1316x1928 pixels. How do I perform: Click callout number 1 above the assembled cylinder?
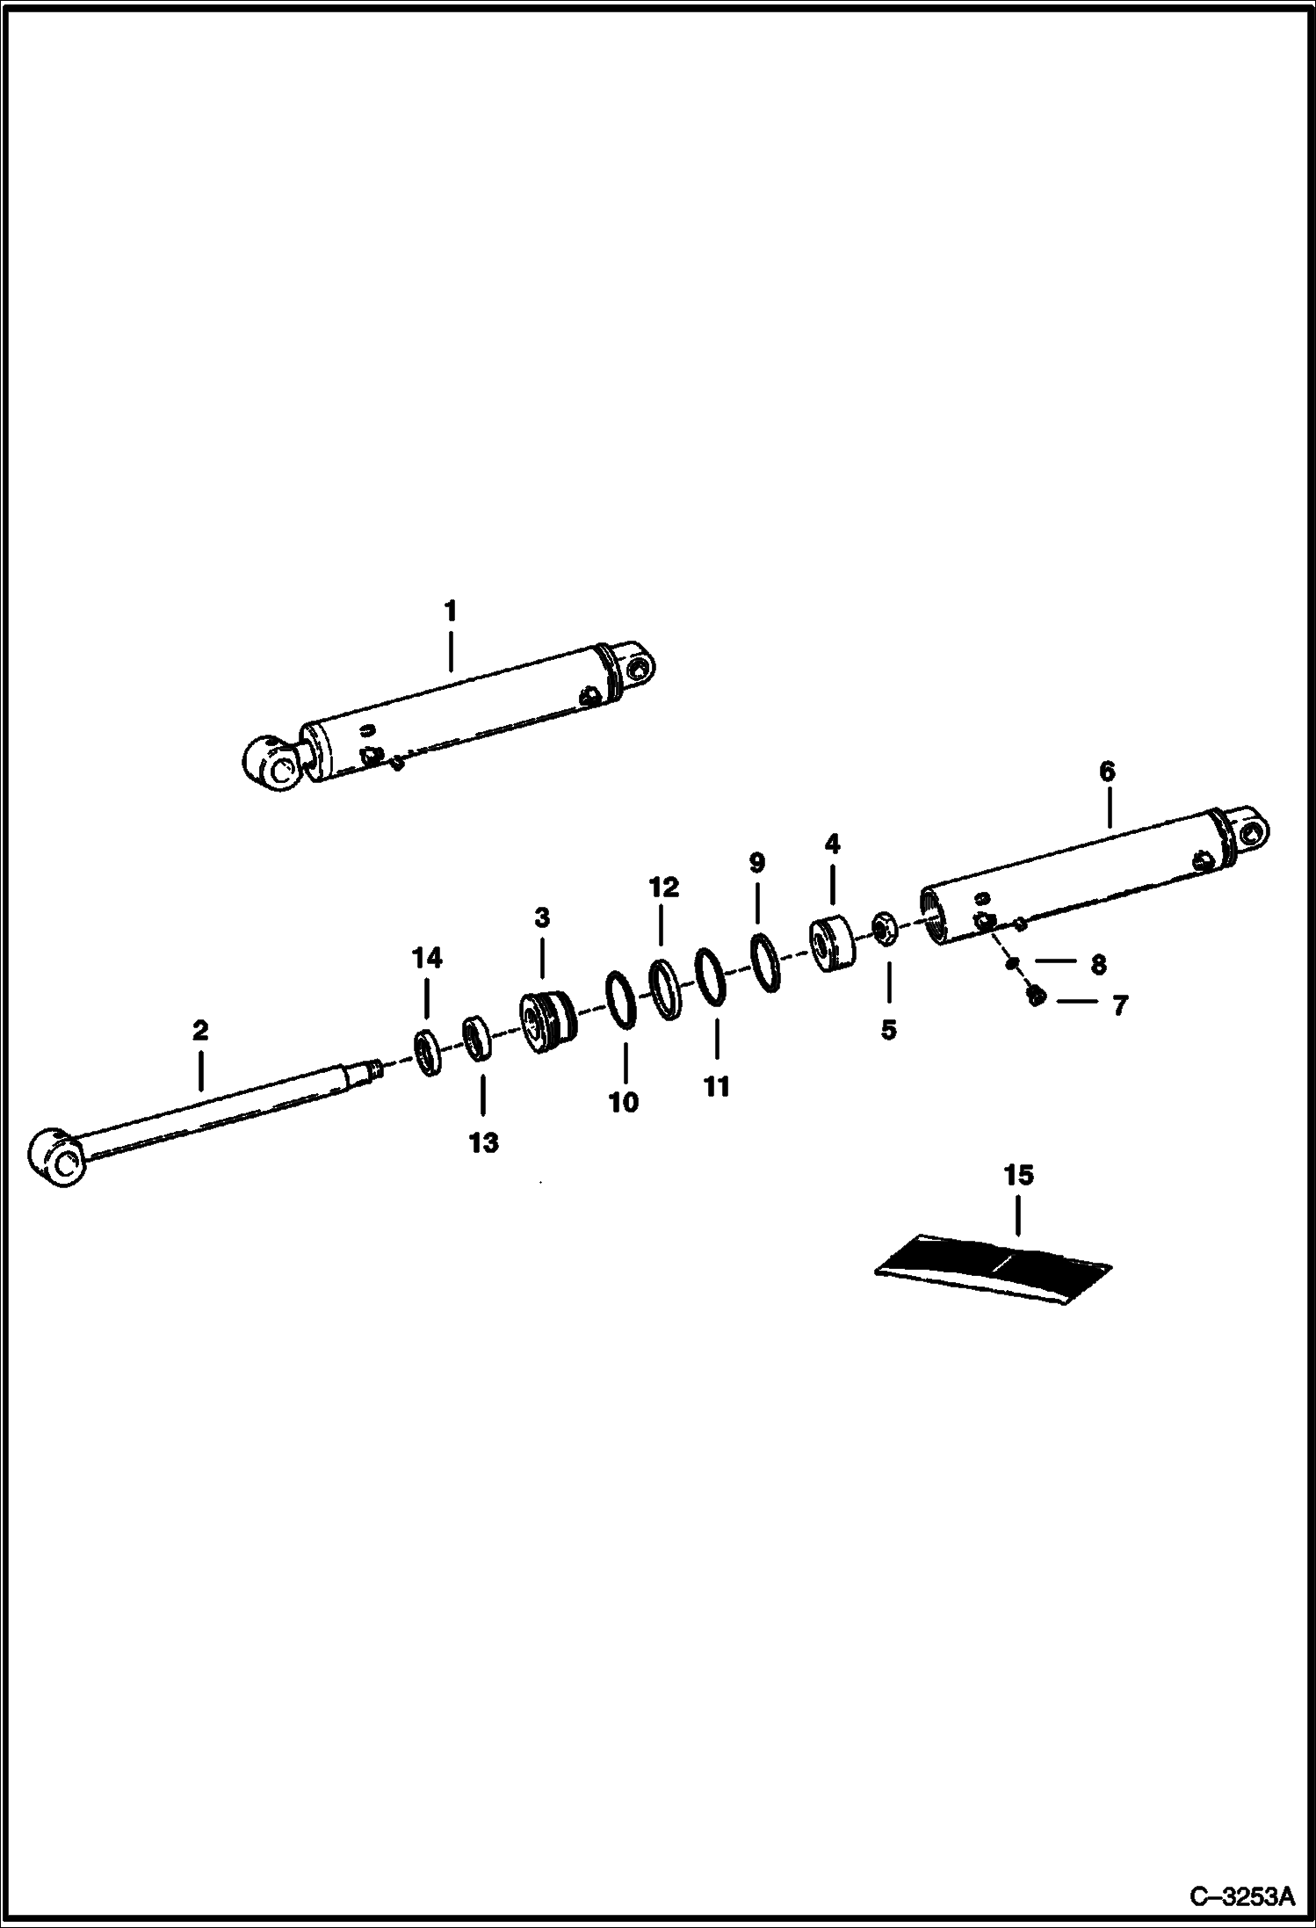pyautogui.click(x=450, y=610)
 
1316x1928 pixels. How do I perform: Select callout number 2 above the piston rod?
pyautogui.click(x=200, y=1030)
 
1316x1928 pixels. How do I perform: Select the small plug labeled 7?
pyautogui.click(x=1035, y=997)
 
